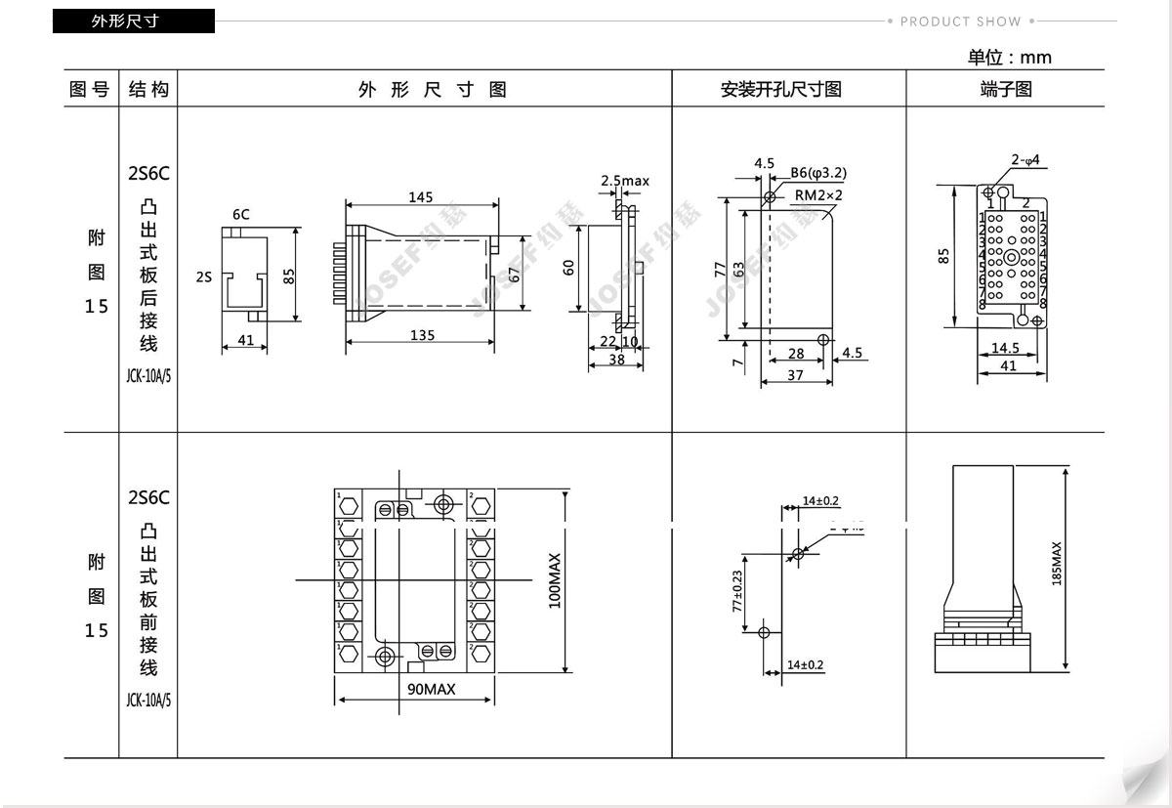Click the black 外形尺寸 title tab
133,21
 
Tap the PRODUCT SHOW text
960,21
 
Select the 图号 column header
90,90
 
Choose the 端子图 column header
1006,90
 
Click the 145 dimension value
420,197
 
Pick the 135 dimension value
422,335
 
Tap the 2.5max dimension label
624,181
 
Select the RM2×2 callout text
818,194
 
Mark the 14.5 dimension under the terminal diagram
1005,348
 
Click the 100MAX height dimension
556,581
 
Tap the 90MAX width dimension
432,689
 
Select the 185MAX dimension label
1056,564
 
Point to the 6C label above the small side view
240,213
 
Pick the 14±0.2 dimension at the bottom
806,665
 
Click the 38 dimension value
615,359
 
